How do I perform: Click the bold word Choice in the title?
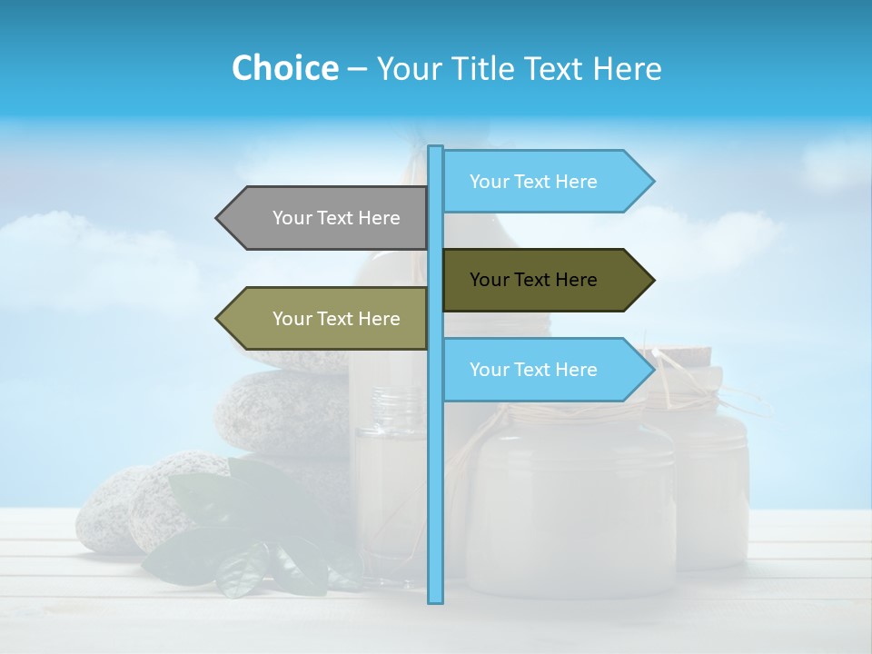coord(284,68)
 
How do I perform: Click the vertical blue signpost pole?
coord(436,472)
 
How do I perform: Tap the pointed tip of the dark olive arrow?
coord(651,280)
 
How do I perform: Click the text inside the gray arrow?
coord(336,218)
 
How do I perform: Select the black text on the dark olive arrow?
coord(533,280)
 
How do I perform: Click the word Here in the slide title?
coord(628,68)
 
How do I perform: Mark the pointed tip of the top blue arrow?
coord(651,182)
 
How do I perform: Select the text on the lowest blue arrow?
coord(533,370)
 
